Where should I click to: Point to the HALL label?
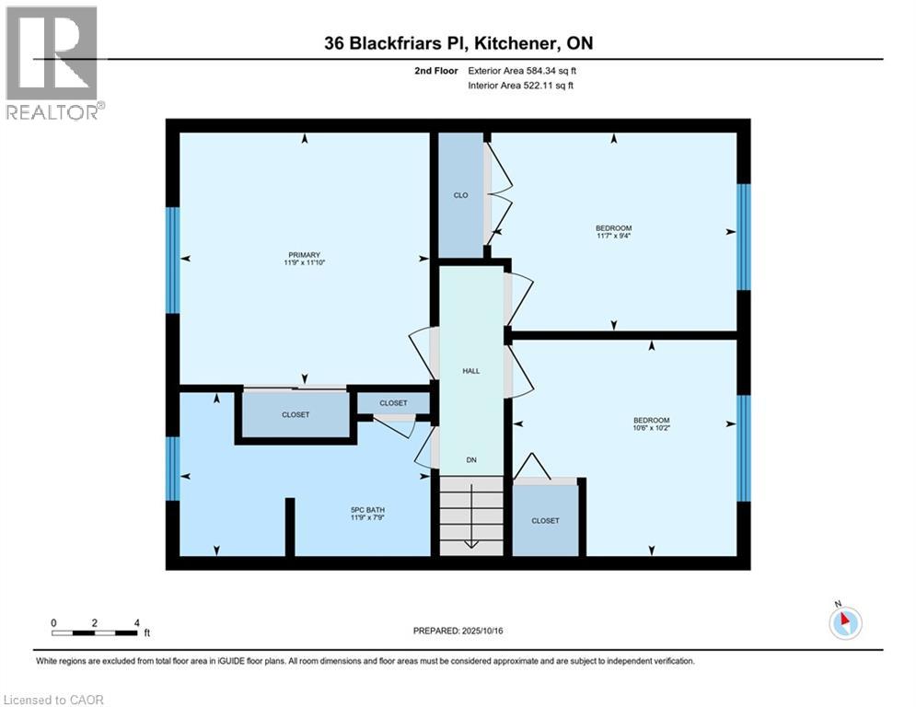point(470,371)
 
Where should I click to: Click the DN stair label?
point(470,459)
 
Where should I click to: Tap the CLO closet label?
point(460,195)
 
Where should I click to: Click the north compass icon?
point(844,622)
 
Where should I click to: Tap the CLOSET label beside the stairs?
point(545,520)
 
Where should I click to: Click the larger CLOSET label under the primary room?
point(296,415)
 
